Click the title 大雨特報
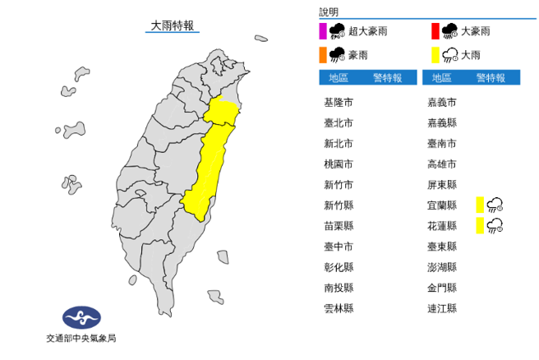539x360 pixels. point(173,26)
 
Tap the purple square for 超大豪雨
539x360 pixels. point(323,32)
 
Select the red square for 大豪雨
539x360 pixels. point(436,32)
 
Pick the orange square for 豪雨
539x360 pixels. point(323,55)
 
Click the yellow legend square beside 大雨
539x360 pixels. point(436,55)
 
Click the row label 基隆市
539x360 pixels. point(339,103)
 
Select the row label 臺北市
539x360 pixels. point(339,123)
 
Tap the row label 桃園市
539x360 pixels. point(339,164)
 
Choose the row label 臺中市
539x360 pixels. point(339,247)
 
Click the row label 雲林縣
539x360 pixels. point(339,308)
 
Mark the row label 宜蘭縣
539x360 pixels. point(442,205)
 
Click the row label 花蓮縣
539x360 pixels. point(442,226)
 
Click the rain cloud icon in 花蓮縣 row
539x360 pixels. point(495,226)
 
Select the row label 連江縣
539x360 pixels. point(442,308)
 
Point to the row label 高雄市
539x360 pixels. point(442,164)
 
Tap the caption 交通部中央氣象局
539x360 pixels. point(81,338)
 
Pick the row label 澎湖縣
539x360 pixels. point(442,267)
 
